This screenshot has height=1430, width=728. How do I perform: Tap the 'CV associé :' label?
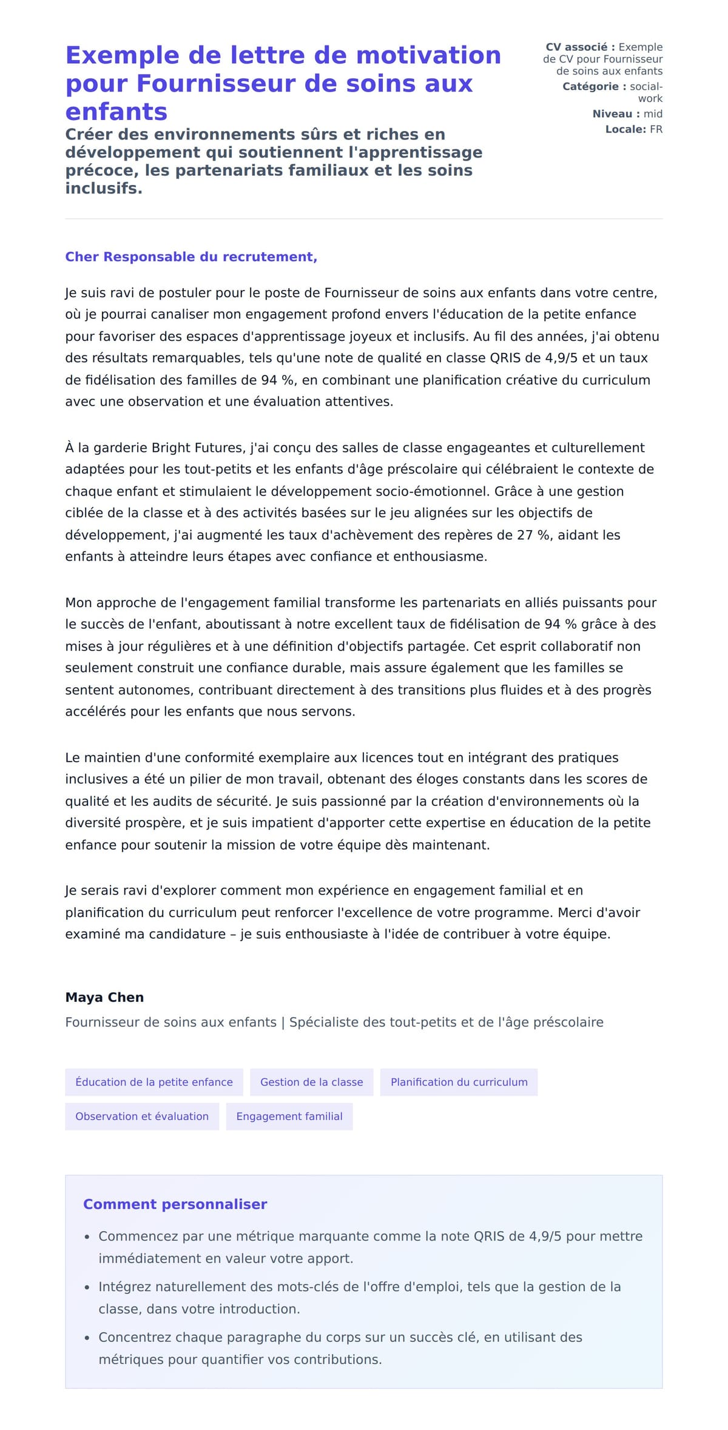click(580, 47)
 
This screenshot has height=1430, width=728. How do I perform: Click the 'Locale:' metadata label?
click(625, 129)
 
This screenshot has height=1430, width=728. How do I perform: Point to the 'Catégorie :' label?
click(594, 87)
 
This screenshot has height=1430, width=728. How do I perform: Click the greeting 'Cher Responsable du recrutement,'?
click(191, 257)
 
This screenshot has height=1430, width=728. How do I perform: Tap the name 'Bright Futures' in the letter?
click(198, 448)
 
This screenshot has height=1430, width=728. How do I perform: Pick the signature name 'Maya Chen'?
click(104, 997)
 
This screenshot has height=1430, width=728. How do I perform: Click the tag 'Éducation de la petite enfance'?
click(154, 1082)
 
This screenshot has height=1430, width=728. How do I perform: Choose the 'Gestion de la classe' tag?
click(311, 1082)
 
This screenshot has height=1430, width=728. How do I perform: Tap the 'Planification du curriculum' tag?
click(459, 1082)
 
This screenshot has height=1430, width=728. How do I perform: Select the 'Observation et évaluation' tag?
click(142, 1116)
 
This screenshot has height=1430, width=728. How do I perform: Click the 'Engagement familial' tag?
click(289, 1116)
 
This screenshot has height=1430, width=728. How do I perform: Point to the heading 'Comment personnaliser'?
click(175, 1204)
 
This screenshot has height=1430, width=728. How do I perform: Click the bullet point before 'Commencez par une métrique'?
click(87, 1237)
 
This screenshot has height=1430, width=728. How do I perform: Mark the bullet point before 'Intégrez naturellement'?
click(87, 1287)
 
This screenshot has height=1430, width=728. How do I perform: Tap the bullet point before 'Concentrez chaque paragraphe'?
click(87, 1337)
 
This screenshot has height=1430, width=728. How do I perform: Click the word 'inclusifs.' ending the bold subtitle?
click(104, 189)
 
